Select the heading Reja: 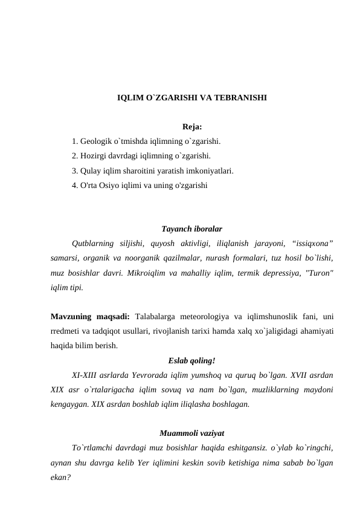point(191,128)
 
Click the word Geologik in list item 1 point(96,142)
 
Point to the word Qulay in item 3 point(91,171)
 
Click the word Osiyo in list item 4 point(111,186)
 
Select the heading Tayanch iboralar point(192,230)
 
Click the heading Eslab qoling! point(192,361)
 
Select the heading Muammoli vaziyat point(192,434)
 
